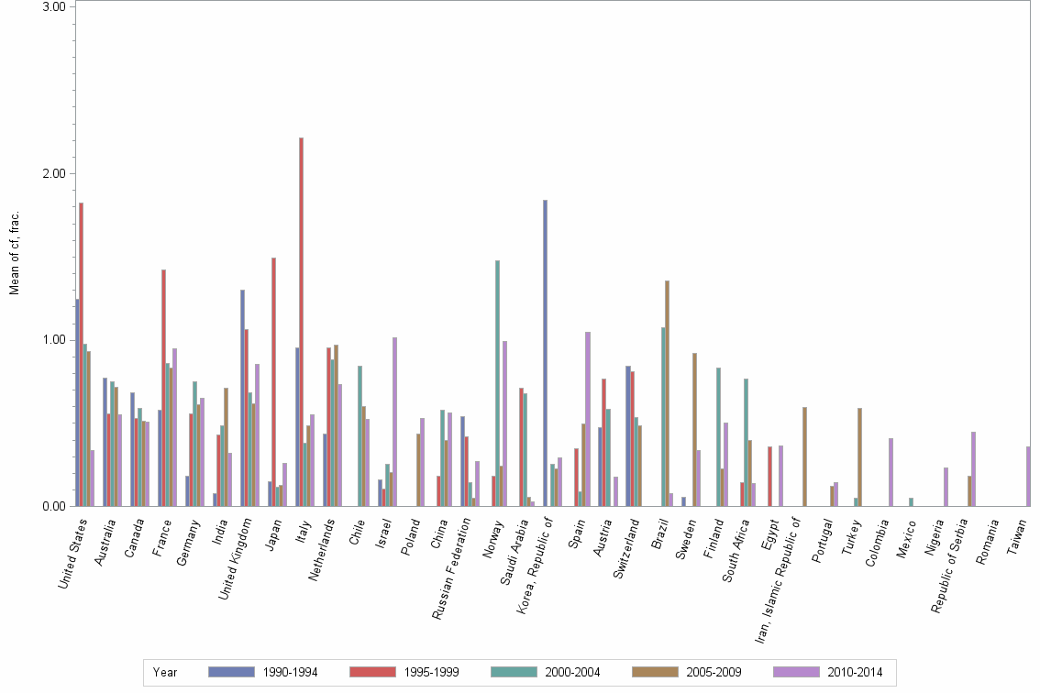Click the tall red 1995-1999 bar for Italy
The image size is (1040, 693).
pyautogui.click(x=301, y=322)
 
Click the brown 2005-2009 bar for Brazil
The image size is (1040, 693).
pyautogui.click(x=667, y=393)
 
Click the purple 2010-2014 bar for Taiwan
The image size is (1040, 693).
pyautogui.click(x=1029, y=477)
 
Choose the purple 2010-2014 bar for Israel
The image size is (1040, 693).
pyautogui.click(x=394, y=422)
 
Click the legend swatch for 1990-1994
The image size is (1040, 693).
pyautogui.click(x=231, y=672)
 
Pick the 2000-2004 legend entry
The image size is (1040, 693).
pyautogui.click(x=547, y=672)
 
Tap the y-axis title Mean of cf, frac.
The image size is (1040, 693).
pyautogui.click(x=14, y=253)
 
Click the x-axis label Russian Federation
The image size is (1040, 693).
pyautogui.click(x=450, y=568)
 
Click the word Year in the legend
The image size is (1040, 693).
pyautogui.click(x=165, y=672)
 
